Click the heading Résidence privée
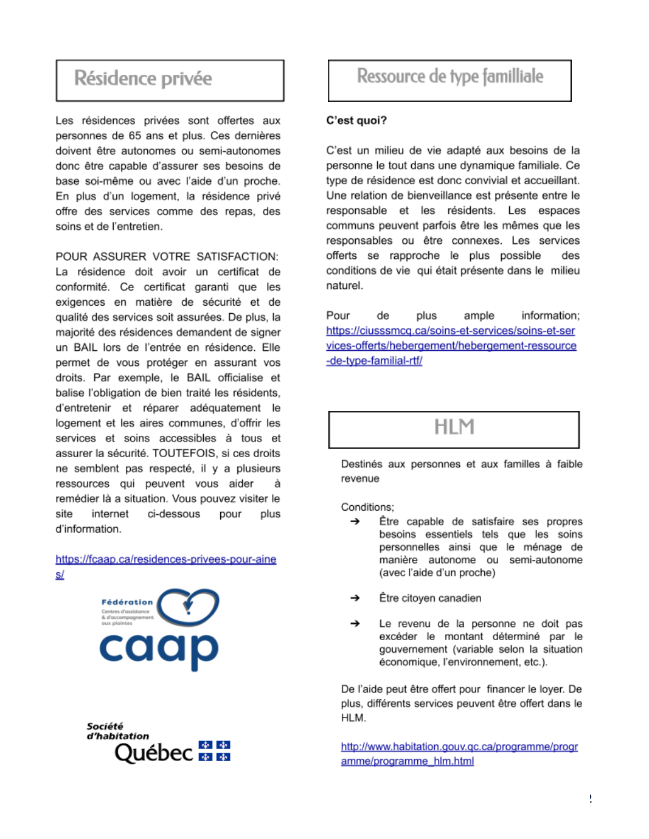point(143,79)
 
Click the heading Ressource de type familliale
point(449,77)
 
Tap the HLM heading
point(454,427)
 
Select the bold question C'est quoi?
point(356,120)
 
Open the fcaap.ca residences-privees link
point(165,559)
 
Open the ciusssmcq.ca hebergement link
point(451,345)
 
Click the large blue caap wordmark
point(159,649)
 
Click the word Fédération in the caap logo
point(127,602)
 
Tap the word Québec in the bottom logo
point(153,753)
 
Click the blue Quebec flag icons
point(214,751)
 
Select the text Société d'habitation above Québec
point(117,731)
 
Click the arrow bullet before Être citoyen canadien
point(355,598)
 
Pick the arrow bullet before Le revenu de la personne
point(355,624)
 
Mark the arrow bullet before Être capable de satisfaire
point(355,522)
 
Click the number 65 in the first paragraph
point(134,136)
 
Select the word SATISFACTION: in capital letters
point(237,257)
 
